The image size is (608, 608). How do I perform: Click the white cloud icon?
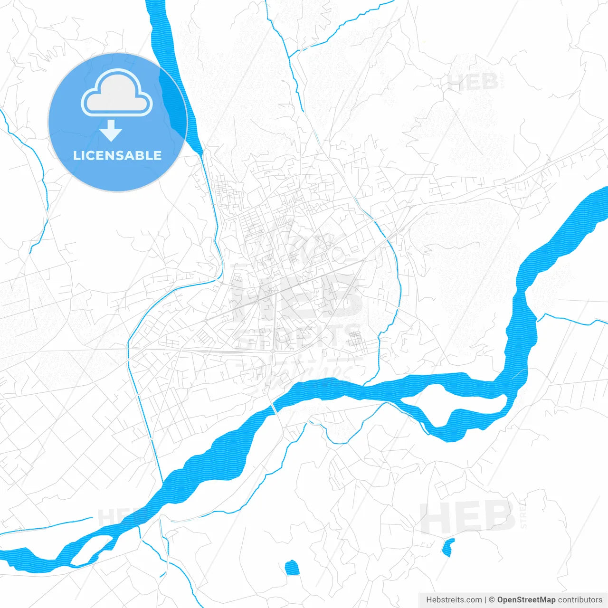click(117, 93)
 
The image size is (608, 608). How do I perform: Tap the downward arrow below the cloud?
click(111, 131)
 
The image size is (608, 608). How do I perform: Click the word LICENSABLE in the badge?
click(117, 155)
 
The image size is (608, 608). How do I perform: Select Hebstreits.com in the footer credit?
click(454, 600)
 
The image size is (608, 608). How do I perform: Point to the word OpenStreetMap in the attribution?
click(526, 600)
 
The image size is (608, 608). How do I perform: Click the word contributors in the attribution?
click(580, 600)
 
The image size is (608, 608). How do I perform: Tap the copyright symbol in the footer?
click(492, 600)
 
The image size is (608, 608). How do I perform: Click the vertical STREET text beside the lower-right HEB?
click(523, 513)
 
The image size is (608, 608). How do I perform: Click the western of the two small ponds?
click(292, 568)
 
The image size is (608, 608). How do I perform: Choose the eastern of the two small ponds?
click(447, 547)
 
